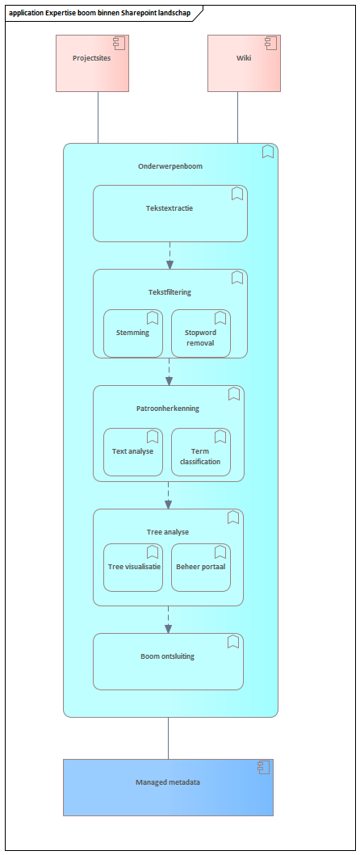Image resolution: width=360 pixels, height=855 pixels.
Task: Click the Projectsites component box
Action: tap(92, 63)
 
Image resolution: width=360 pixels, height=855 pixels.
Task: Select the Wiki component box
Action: tap(244, 63)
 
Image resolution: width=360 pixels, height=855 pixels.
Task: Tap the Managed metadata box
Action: tap(168, 787)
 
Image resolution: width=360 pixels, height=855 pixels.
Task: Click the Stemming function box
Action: tap(133, 333)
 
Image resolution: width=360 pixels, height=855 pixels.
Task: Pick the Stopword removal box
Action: tap(201, 333)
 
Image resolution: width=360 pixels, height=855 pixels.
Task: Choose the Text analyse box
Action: tap(133, 452)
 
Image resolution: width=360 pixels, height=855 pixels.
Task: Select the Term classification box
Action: tap(201, 452)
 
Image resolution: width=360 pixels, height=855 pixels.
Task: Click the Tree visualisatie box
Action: tap(133, 567)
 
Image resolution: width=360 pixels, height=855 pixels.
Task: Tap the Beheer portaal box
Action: tap(201, 567)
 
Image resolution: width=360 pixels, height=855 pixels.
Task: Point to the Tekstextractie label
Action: tap(170, 207)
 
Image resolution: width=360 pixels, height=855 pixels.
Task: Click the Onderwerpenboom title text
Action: tap(170, 166)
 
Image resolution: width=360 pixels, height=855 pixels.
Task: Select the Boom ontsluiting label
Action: tap(167, 656)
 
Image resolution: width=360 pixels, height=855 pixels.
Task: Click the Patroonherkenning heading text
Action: tap(167, 408)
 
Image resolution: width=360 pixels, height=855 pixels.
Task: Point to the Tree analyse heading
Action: tap(168, 531)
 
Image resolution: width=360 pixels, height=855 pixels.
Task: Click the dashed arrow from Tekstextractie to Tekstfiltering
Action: tap(170, 255)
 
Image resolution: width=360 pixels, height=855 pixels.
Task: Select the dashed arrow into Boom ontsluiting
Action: tap(168, 619)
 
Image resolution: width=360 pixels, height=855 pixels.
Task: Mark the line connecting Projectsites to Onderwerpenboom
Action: tap(98, 117)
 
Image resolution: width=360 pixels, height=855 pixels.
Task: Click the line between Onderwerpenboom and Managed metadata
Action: tap(168, 738)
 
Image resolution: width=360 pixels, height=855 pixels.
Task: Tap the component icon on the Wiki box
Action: tap(270, 43)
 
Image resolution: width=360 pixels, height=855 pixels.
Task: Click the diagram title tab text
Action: tap(100, 14)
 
